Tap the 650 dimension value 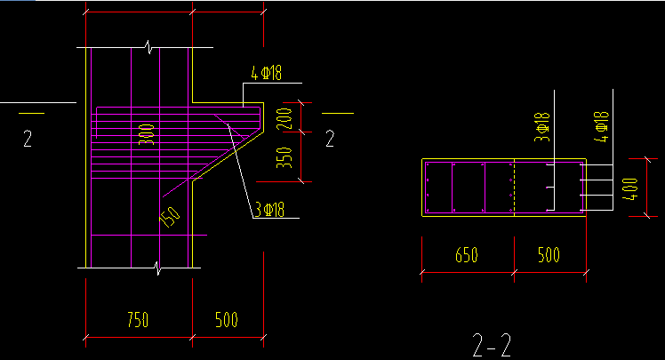point(467,256)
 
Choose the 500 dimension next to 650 point(549,256)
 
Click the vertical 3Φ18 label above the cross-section point(541,127)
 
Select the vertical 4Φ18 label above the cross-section point(602,127)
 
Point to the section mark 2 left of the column point(28,140)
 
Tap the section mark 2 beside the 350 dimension point(330,138)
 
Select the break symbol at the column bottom point(158,266)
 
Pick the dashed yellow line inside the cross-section point(514,188)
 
